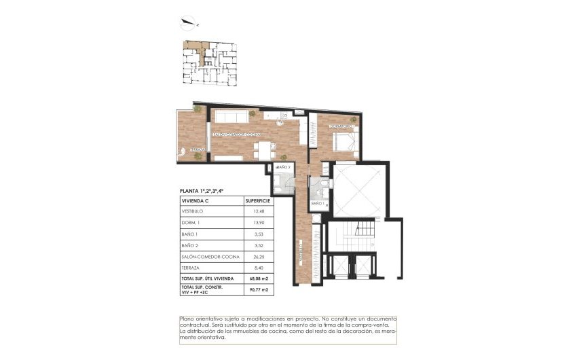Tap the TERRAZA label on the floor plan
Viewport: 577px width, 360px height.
pos(198,149)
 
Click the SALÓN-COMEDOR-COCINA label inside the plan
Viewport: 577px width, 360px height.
pos(236,134)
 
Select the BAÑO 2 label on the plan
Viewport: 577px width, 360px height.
pos(284,166)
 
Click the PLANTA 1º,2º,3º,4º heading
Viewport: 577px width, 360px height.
pos(202,191)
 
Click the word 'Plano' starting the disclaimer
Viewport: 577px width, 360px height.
pos(187,319)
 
